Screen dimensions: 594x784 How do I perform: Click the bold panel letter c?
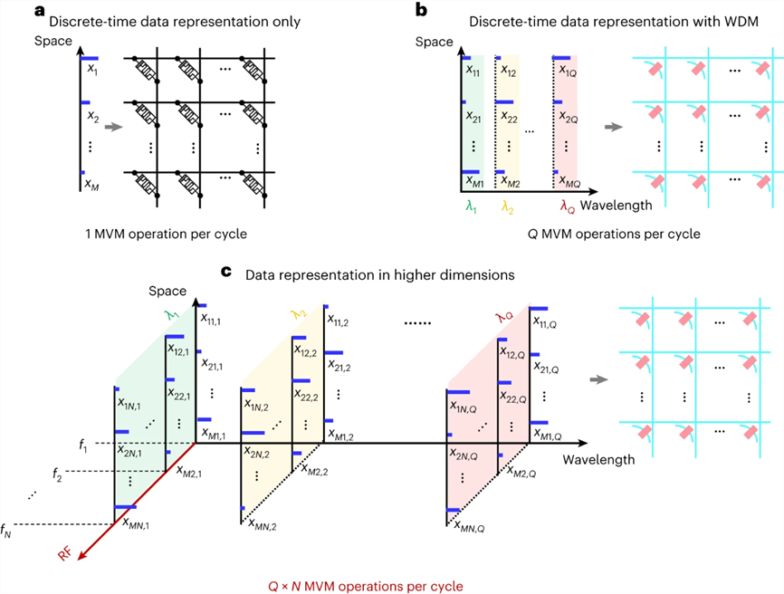[226, 270]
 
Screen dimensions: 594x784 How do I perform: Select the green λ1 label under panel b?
[471, 206]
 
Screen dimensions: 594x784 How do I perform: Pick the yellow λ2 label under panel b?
[507, 206]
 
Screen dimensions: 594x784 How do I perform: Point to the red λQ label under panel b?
[568, 206]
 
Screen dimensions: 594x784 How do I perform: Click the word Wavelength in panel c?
[594, 459]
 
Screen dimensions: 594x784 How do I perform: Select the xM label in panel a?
[91, 183]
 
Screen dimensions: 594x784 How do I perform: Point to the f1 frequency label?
[83, 445]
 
